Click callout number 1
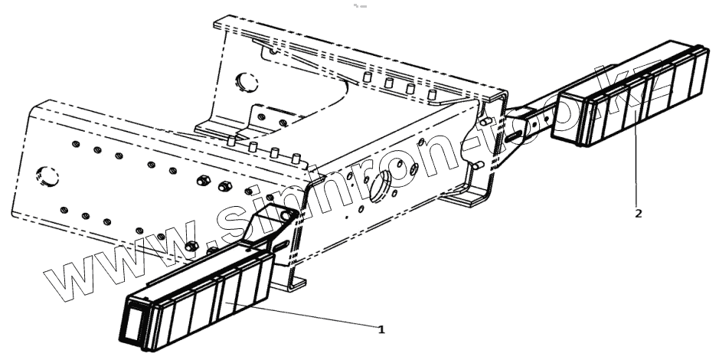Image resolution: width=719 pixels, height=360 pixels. (x=381, y=329)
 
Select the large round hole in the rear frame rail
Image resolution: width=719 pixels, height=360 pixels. (x=244, y=81)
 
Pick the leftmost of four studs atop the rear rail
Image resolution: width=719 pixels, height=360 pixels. (x=368, y=78)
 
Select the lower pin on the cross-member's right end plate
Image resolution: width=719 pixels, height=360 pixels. (x=476, y=165)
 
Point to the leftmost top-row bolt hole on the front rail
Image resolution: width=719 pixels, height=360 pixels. (x=74, y=143)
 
